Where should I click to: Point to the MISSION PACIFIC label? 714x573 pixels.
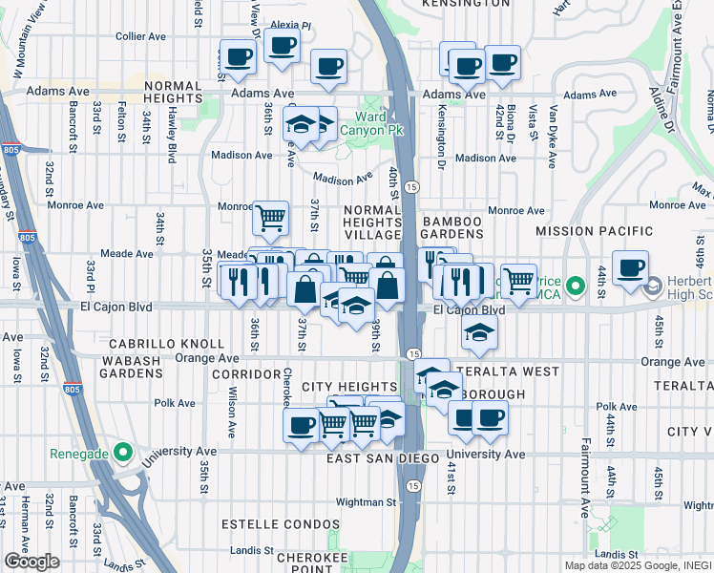click(594, 231)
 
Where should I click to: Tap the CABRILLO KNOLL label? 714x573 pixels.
click(166, 344)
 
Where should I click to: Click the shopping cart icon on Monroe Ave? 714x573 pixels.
click(270, 217)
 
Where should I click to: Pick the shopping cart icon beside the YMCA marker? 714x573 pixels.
click(517, 281)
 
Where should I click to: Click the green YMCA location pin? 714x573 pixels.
click(575, 286)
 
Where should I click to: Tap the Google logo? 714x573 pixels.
click(31, 561)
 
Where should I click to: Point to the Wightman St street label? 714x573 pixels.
click(364, 501)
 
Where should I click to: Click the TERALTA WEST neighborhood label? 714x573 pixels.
click(494, 371)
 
